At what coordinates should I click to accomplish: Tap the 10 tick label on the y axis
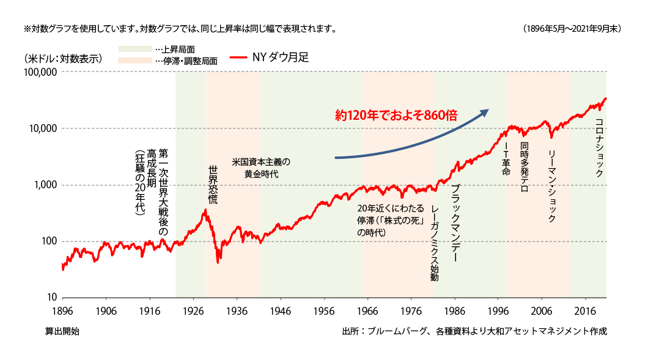tap(53, 298)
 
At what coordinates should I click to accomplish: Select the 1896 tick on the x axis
tap(62, 310)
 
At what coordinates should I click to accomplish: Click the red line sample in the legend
tap(239, 58)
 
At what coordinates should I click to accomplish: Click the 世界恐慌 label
tap(213, 184)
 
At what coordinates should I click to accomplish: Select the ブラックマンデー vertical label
tap(454, 224)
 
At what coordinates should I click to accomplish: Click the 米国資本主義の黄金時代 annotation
tap(261, 168)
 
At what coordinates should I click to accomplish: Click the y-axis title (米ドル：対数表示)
tap(63, 59)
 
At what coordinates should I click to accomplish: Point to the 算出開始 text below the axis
tap(62, 331)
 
